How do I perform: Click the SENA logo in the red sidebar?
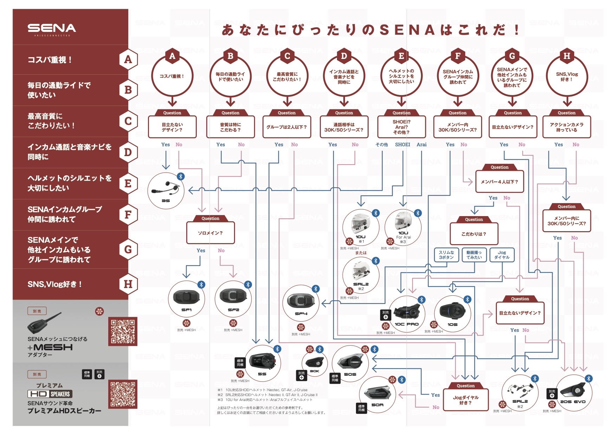point(52,28)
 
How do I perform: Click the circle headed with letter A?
point(172,76)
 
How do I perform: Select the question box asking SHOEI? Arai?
point(401,127)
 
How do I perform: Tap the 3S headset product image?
point(166,189)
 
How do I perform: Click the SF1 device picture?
point(186,297)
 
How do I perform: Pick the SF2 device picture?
point(233,297)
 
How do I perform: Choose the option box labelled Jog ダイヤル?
point(501,255)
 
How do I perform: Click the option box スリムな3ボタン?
point(446,255)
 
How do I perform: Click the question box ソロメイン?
point(210,233)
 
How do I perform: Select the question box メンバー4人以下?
point(499,182)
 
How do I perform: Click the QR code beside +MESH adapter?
point(122,331)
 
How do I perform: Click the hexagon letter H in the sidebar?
point(128,284)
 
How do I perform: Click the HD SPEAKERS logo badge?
point(50,394)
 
